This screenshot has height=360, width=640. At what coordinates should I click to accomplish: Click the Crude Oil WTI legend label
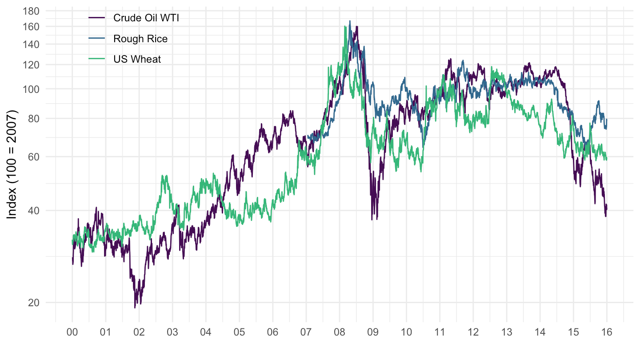pyautogui.click(x=146, y=18)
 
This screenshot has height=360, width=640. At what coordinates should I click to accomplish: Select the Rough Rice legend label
pyautogui.click(x=140, y=39)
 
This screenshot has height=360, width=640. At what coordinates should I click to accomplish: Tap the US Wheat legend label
pyautogui.click(x=137, y=59)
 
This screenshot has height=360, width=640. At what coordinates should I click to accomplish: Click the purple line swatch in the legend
pyautogui.click(x=97, y=18)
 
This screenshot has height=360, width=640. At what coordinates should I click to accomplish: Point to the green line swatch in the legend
pyautogui.click(x=97, y=59)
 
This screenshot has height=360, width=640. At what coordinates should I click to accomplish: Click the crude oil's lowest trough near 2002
pyautogui.click(x=135, y=307)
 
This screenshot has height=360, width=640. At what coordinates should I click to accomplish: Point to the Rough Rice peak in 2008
pyautogui.click(x=350, y=21)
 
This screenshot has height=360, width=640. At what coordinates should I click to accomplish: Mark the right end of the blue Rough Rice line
pyautogui.click(x=607, y=119)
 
